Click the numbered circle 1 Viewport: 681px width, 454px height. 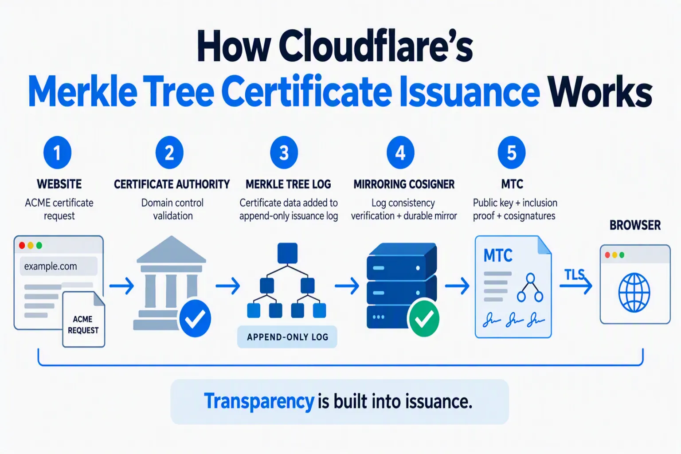pos(58,153)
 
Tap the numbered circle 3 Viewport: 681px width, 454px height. pos(284,153)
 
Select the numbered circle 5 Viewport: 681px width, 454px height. pos(512,153)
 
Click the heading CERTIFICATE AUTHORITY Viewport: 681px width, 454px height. pos(172,184)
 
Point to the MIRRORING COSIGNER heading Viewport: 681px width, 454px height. pos(404,184)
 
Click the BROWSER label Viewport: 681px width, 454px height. pos(635,225)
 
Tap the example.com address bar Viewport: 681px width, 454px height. pos(59,266)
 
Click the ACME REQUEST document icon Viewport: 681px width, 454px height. pos(84,319)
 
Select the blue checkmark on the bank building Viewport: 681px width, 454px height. pos(195,318)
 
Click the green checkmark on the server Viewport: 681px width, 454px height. pos(424,318)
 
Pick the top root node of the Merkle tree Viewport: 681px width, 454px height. pos(287,253)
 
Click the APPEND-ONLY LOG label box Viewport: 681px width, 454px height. pos(287,337)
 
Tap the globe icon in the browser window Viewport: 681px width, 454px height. pos(634,293)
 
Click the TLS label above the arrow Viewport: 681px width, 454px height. pos(574,275)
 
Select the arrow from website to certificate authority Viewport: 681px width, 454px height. pos(121,286)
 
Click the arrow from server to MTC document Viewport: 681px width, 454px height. pos(457,286)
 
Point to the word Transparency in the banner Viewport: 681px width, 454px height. pos(259,401)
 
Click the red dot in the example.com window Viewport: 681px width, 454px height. pos(22,245)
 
